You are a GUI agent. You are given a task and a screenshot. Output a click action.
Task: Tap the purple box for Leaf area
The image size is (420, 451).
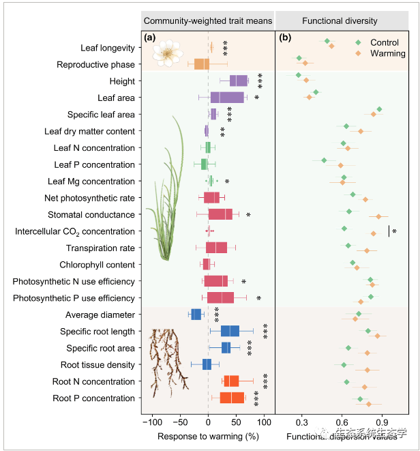(x=227, y=98)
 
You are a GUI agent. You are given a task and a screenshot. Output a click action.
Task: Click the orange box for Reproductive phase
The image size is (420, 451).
(x=202, y=64)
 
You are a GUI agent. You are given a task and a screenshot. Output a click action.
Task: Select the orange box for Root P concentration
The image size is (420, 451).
(x=232, y=398)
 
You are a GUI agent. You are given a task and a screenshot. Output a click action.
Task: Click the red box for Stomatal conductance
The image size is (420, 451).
(x=220, y=214)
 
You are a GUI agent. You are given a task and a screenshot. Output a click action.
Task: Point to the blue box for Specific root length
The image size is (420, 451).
(x=230, y=331)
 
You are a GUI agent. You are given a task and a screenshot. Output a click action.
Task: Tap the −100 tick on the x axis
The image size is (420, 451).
(x=151, y=422)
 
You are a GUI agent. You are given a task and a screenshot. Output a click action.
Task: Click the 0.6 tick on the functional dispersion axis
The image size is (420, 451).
(x=342, y=422)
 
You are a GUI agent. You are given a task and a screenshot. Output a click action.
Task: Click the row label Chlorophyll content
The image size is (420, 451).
(x=97, y=265)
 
